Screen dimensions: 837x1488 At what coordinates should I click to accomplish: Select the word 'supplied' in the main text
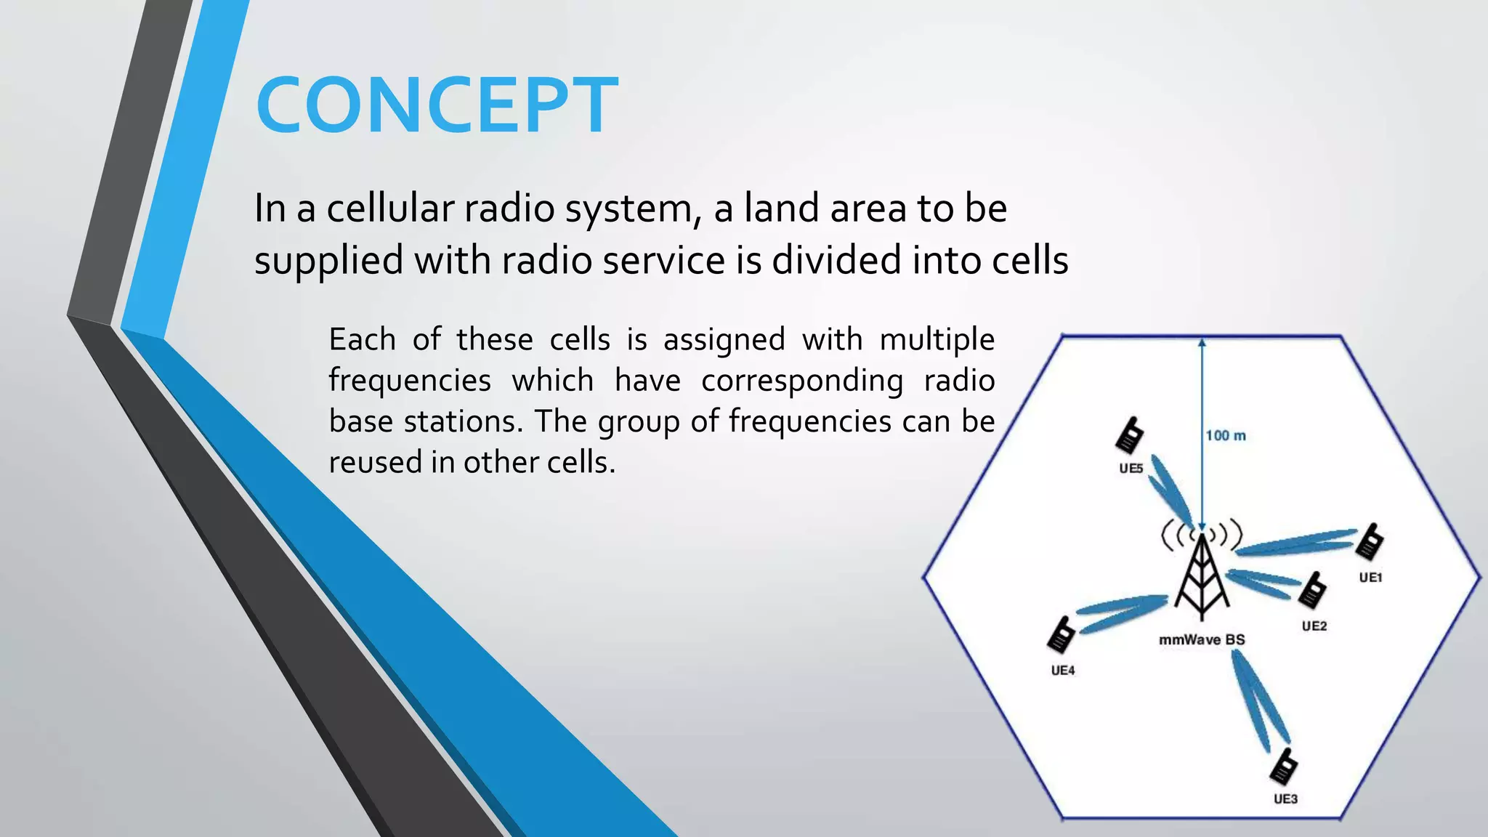tap(328, 261)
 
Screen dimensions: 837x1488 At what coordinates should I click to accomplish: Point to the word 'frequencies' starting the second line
tap(409, 381)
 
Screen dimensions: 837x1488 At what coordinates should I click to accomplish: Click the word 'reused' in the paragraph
tap(374, 463)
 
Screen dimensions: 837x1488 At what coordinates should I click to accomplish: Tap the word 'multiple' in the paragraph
tap(937, 339)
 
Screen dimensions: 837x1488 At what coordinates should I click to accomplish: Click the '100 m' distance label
tap(1226, 435)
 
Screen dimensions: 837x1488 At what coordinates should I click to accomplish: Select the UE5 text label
tap(1131, 469)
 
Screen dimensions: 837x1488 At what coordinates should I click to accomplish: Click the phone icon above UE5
tap(1130, 435)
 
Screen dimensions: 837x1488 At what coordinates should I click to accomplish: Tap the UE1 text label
tap(1370, 578)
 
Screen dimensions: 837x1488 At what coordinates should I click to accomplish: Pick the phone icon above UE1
tap(1370, 542)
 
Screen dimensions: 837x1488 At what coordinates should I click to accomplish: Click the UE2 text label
tap(1314, 626)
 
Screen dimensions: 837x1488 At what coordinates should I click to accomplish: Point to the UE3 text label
tap(1285, 799)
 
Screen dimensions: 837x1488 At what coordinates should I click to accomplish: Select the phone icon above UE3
tap(1284, 767)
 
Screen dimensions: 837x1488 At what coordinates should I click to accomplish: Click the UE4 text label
tap(1063, 671)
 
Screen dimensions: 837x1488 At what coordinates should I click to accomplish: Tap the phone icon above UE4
tap(1061, 635)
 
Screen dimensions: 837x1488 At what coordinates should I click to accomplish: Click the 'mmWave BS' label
tap(1202, 640)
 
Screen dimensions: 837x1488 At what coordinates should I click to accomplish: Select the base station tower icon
tap(1202, 578)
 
